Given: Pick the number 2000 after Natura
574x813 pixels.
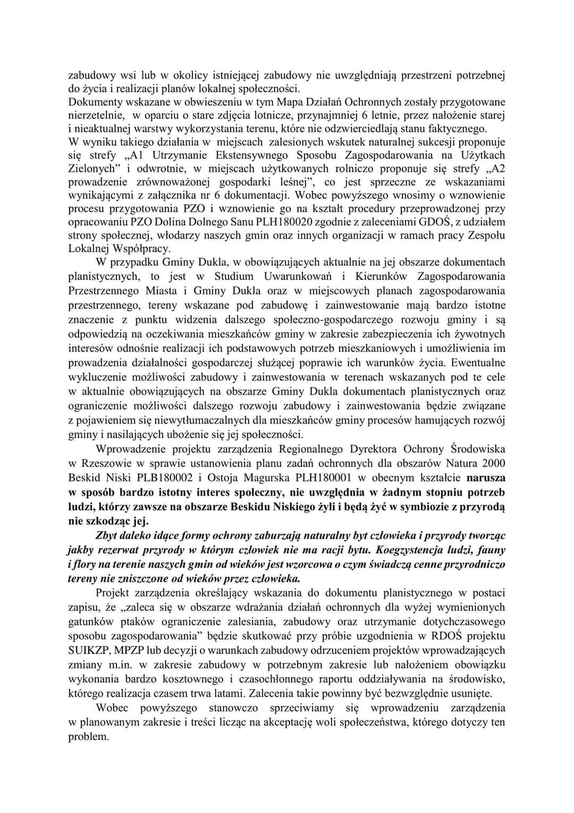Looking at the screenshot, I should point(493,463).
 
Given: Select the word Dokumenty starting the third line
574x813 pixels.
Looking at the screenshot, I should point(93,102).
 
